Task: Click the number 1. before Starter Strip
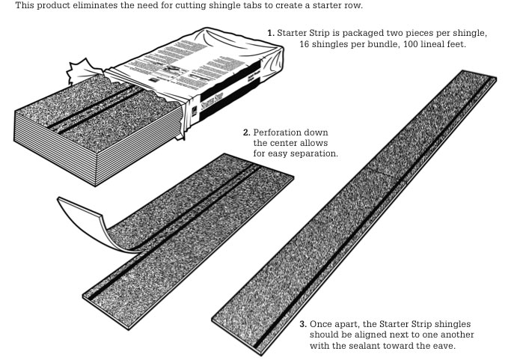271,34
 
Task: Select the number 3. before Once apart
302,324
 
